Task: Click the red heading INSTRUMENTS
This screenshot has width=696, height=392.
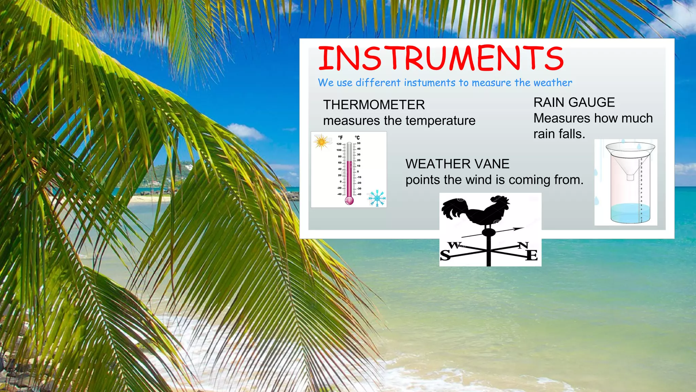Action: click(440, 58)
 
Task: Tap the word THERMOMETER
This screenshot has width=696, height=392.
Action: click(374, 105)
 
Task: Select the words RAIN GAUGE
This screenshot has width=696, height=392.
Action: click(574, 102)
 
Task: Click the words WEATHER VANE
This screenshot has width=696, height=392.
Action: click(457, 164)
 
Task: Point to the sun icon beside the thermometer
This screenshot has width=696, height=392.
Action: click(321, 142)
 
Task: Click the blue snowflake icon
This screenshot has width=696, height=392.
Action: click(377, 198)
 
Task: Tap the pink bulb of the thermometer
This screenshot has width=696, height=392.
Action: click(349, 200)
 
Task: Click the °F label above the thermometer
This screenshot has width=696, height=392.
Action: click(340, 137)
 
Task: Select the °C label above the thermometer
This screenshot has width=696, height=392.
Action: click(357, 137)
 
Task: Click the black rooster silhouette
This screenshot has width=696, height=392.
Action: click(476, 211)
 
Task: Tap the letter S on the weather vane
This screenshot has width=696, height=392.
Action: click(445, 255)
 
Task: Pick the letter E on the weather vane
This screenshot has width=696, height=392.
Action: click(532, 255)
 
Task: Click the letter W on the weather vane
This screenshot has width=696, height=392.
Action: click(454, 245)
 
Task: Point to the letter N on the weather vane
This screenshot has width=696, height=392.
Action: click(523, 245)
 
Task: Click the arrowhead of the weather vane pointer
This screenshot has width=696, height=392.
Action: click(519, 229)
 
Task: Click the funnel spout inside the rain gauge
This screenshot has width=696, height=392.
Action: click(630, 177)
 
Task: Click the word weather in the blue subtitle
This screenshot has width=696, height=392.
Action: click(553, 83)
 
